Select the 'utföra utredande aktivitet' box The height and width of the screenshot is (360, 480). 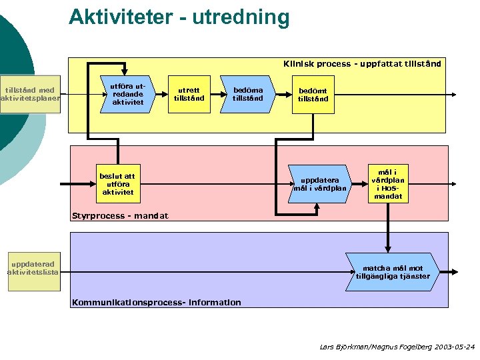click(x=127, y=94)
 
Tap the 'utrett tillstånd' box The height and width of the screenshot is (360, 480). click(x=189, y=94)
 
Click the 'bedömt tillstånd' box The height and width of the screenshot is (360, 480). click(x=313, y=95)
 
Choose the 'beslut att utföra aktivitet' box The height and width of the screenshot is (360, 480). click(x=117, y=183)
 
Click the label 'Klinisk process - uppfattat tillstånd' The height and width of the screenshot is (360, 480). click(x=361, y=64)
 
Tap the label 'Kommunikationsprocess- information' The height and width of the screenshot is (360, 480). click(x=157, y=303)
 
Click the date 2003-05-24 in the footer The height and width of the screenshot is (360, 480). click(x=453, y=347)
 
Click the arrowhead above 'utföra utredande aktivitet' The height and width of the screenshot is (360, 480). click(x=129, y=71)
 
